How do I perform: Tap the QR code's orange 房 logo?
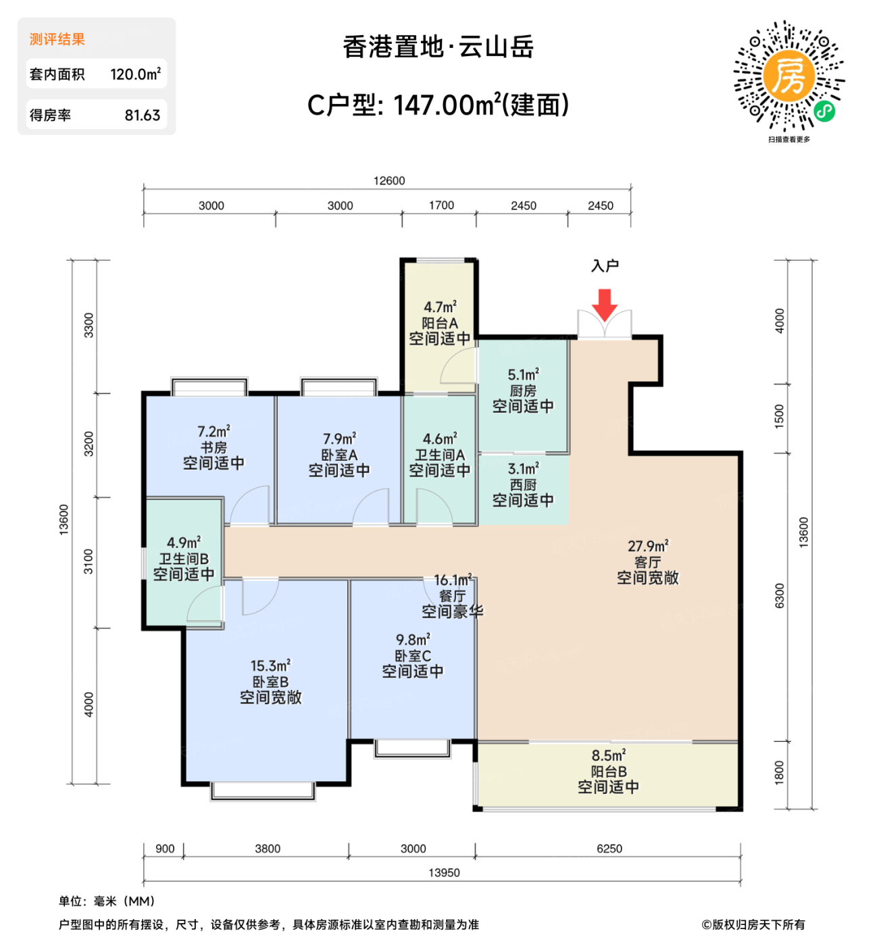(788, 75)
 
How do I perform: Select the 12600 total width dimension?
(389, 180)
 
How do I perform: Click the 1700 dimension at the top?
(441, 205)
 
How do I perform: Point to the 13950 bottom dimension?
(444, 872)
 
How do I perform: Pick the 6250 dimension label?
(609, 849)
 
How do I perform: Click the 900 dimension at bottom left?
(165, 849)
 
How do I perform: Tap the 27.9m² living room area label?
(647, 546)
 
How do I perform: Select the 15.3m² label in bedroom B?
(270, 666)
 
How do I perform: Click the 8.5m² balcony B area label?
(608, 755)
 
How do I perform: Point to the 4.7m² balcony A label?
(440, 307)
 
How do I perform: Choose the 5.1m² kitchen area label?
(523, 374)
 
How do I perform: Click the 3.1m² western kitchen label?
(523, 469)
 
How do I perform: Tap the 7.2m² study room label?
(214, 431)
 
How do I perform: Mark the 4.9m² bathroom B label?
(184, 543)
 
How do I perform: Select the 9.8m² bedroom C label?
(413, 640)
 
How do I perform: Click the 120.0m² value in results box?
(135, 74)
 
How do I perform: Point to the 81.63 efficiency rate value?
(142, 116)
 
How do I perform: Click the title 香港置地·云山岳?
(438, 47)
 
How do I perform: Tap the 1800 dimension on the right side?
(779, 772)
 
